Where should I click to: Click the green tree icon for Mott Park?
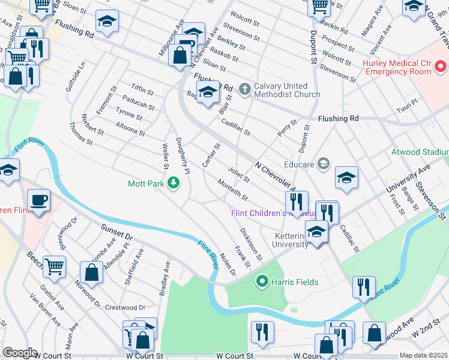coord(173,182)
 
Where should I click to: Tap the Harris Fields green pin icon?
coord(262,280)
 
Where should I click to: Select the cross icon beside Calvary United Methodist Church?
coord(244,89)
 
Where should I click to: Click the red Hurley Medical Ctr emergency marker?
coord(441,65)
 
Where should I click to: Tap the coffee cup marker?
coord(38,200)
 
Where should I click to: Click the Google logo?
coord(19,353)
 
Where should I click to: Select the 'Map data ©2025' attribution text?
coord(424,355)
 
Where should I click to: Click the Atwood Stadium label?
coord(420,152)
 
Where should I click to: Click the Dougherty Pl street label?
coord(182,156)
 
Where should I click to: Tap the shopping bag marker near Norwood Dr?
coord(91,272)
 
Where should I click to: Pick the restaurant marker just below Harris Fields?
coord(262,331)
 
